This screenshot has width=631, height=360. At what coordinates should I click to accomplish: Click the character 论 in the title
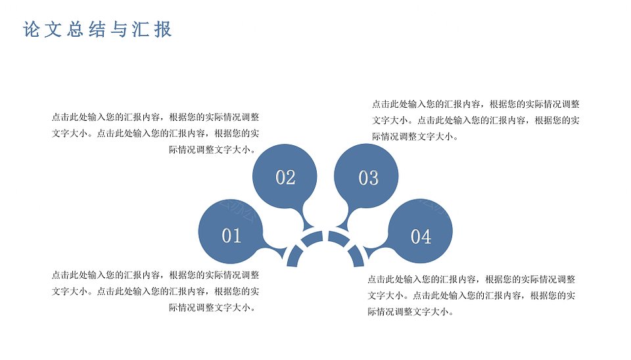tap(31, 30)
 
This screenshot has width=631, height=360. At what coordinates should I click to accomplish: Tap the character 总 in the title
tap(75, 30)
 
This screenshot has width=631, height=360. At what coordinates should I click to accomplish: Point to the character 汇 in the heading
tap(141, 30)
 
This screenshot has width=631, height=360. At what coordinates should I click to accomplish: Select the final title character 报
tap(163, 30)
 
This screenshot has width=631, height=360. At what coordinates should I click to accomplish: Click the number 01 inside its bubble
tap(231, 236)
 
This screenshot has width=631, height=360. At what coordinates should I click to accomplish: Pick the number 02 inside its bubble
tap(286, 177)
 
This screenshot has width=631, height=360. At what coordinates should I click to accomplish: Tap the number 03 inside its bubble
tap(369, 178)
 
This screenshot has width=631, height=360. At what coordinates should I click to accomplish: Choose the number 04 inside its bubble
tap(421, 236)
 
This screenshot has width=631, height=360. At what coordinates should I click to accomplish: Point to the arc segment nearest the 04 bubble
tap(357, 257)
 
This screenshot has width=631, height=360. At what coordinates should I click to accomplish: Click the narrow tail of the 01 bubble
tap(277, 250)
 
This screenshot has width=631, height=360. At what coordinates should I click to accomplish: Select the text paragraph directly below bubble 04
tap(471, 296)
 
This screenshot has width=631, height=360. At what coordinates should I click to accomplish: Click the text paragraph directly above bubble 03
tap(476, 120)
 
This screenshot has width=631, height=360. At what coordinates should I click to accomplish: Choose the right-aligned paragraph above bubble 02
tap(155, 133)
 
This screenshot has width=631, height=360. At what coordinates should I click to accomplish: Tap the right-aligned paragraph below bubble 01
tap(155, 291)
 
